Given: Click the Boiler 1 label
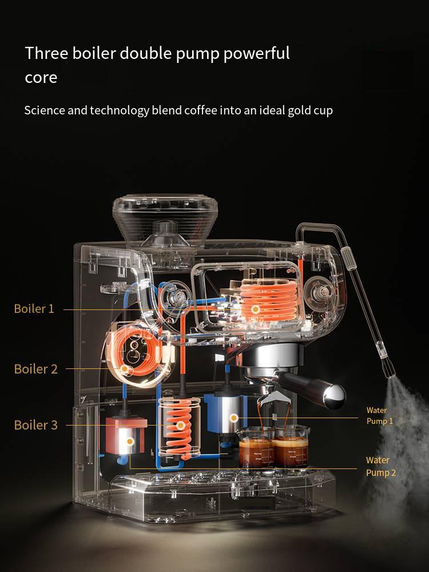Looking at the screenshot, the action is click(x=34, y=309).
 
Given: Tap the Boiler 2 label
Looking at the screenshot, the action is click(x=35, y=369).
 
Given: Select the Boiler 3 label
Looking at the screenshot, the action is click(x=35, y=425).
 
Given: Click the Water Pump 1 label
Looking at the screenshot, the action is click(x=380, y=416).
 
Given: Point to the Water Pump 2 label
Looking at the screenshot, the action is click(x=381, y=466).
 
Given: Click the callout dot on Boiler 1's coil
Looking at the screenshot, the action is click(x=256, y=309).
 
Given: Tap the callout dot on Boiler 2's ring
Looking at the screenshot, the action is click(x=124, y=369).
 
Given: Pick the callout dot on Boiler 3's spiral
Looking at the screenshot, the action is click(x=180, y=425).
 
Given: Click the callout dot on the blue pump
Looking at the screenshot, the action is click(x=234, y=418).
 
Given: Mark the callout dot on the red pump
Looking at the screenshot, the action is click(x=130, y=442).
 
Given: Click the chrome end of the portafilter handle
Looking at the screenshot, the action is click(x=334, y=396).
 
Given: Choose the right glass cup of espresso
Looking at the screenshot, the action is click(x=291, y=447).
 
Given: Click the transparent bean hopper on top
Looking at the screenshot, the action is click(x=165, y=219).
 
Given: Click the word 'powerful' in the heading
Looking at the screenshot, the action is click(x=256, y=54).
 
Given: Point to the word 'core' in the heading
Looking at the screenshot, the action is click(x=41, y=78).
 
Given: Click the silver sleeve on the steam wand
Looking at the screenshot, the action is click(x=348, y=259).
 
